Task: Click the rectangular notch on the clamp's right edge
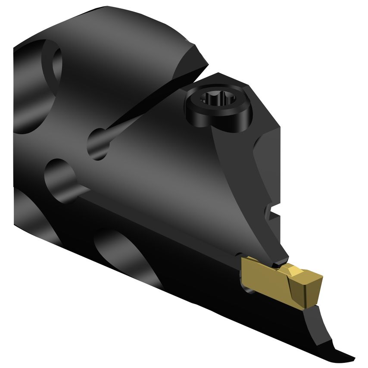[272, 212]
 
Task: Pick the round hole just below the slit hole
[60, 177]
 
